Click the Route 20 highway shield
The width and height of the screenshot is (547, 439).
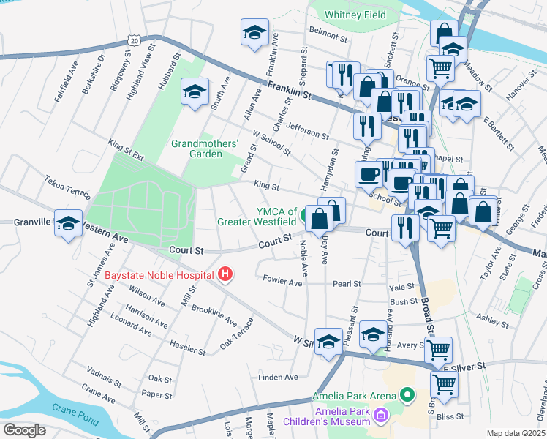click(133, 41)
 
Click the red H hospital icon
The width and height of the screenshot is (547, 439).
click(225, 274)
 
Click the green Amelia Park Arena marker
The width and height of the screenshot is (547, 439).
click(407, 396)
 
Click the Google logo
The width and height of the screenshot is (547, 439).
click(24, 429)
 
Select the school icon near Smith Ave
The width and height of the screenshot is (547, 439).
click(195, 91)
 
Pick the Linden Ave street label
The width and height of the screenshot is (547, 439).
click(278, 378)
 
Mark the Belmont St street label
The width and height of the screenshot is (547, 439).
click(327, 31)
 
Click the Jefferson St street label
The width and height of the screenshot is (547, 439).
click(307, 132)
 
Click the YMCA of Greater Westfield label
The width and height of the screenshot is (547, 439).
click(257, 217)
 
